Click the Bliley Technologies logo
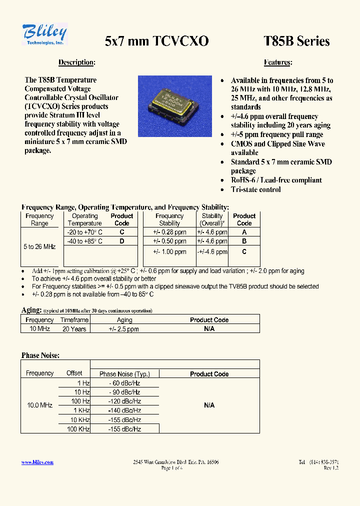(x=44, y=34)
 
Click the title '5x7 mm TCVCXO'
(x=156, y=41)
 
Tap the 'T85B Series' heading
(x=296, y=41)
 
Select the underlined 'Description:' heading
(x=76, y=62)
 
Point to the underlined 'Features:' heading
(x=278, y=62)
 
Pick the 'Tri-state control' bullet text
(x=255, y=189)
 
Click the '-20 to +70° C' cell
(x=84, y=232)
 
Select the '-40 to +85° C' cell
(x=84, y=241)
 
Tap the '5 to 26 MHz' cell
(x=39, y=247)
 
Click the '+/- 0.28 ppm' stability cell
(x=169, y=232)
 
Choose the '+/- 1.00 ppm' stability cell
(x=169, y=252)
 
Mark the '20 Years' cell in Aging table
(x=74, y=329)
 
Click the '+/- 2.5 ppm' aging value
(x=124, y=329)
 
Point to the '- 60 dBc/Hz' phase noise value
(x=124, y=383)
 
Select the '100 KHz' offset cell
(x=78, y=429)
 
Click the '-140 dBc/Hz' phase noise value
(x=124, y=410)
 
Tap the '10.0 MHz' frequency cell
(x=39, y=405)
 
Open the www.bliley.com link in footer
(x=37, y=462)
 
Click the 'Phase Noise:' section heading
(x=40, y=355)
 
